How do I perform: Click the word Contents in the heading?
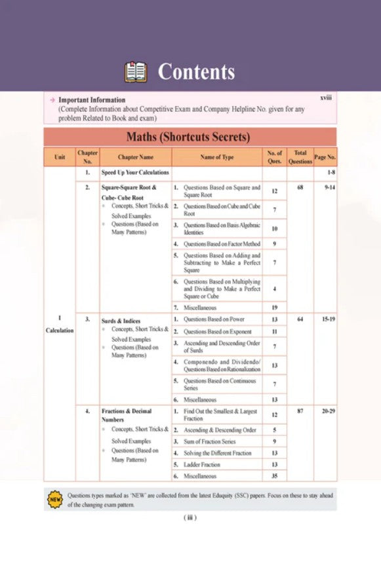pyautogui.click(x=196, y=71)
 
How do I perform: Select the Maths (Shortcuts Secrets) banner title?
pyautogui.click(x=189, y=137)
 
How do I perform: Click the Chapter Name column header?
pyautogui.click(x=136, y=157)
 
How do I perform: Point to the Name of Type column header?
pyautogui.click(x=216, y=157)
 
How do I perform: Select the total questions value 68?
pyautogui.click(x=300, y=187)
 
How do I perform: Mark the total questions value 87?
pyautogui.click(x=300, y=411)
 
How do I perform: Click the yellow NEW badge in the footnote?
pyautogui.click(x=54, y=500)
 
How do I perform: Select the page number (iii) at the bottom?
pyautogui.click(x=190, y=518)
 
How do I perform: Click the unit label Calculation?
pyautogui.click(x=60, y=331)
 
